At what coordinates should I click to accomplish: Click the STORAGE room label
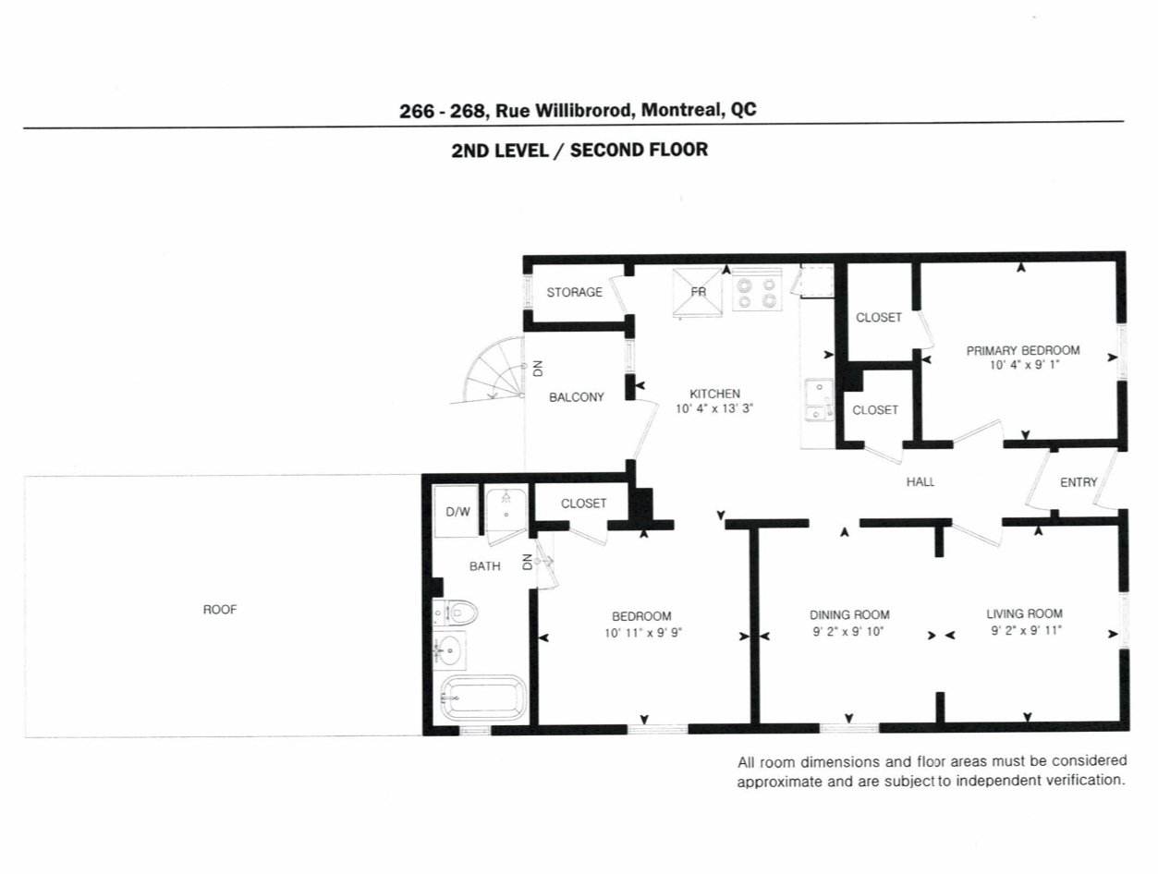point(574,292)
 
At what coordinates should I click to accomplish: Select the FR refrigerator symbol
point(698,291)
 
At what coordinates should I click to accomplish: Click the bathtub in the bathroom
point(483,698)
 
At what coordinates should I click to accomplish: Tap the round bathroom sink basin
point(449,651)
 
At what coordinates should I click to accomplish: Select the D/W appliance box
point(456,511)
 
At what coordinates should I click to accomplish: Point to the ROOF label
point(220,610)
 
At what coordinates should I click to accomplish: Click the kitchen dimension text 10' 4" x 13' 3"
point(714,408)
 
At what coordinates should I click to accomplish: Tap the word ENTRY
point(1079,481)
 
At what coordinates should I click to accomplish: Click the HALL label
point(920,481)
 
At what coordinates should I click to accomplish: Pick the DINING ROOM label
point(849,614)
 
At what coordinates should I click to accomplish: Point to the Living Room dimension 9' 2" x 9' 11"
point(1026,630)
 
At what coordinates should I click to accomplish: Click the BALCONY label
point(576,397)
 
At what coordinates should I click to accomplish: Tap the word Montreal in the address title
point(681,110)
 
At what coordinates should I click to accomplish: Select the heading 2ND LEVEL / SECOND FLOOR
point(579,151)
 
